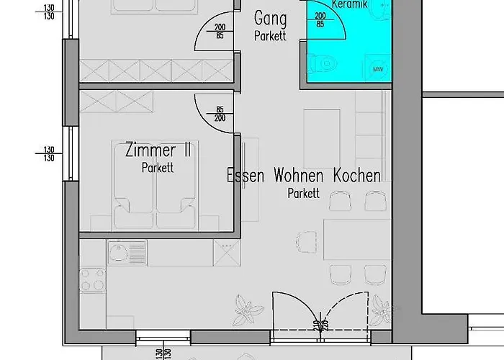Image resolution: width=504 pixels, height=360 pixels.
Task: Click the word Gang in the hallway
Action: pyautogui.click(x=271, y=19)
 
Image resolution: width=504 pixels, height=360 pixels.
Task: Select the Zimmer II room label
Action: pyautogui.click(x=158, y=151)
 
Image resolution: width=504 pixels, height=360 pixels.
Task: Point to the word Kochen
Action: pyautogui.click(x=356, y=175)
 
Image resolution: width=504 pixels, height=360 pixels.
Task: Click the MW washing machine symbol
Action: pyautogui.click(x=377, y=69)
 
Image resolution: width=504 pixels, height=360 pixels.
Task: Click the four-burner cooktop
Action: pyautogui.click(x=92, y=280)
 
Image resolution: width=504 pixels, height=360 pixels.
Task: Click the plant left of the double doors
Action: pyautogui.click(x=248, y=310)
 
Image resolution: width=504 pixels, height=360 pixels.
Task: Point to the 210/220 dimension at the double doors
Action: pyautogui.click(x=317, y=326)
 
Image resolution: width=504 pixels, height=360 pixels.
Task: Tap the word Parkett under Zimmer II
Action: pyautogui.click(x=158, y=168)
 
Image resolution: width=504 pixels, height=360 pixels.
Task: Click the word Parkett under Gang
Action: pyautogui.click(x=270, y=35)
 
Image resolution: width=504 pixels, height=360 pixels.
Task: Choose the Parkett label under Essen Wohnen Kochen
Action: pyautogui.click(x=302, y=192)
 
